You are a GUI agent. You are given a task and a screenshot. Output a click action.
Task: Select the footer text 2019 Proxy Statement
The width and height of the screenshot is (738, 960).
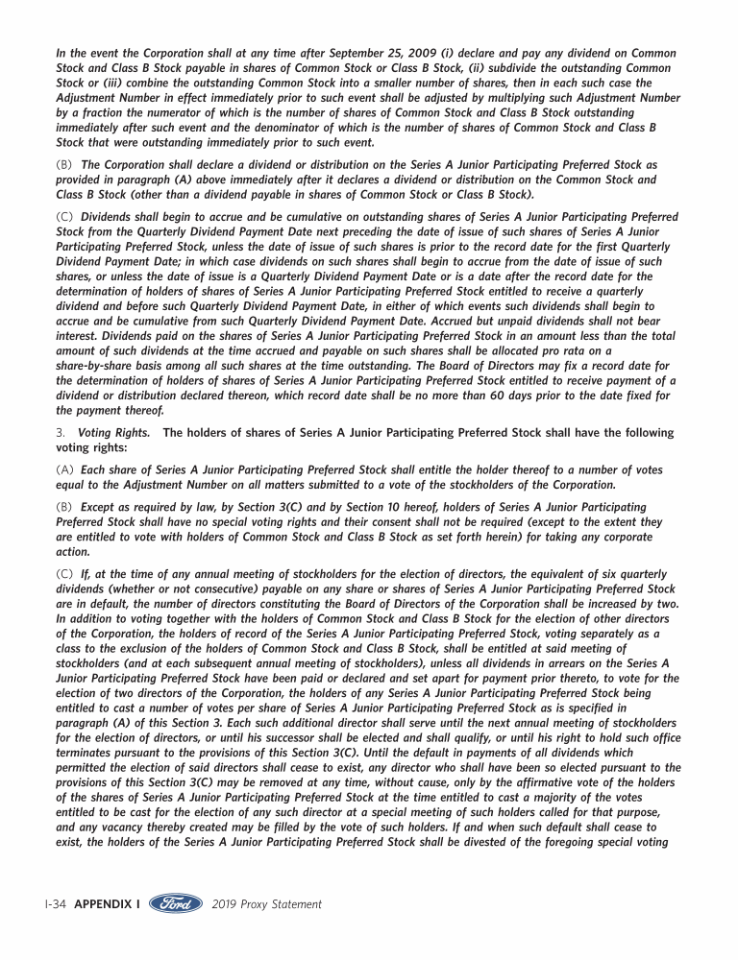266,904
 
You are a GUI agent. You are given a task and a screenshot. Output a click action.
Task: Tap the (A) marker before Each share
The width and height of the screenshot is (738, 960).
65,470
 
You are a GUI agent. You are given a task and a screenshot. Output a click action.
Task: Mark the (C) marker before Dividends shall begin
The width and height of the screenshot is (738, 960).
65,217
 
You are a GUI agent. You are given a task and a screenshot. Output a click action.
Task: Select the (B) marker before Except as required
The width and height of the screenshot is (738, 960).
65,507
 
